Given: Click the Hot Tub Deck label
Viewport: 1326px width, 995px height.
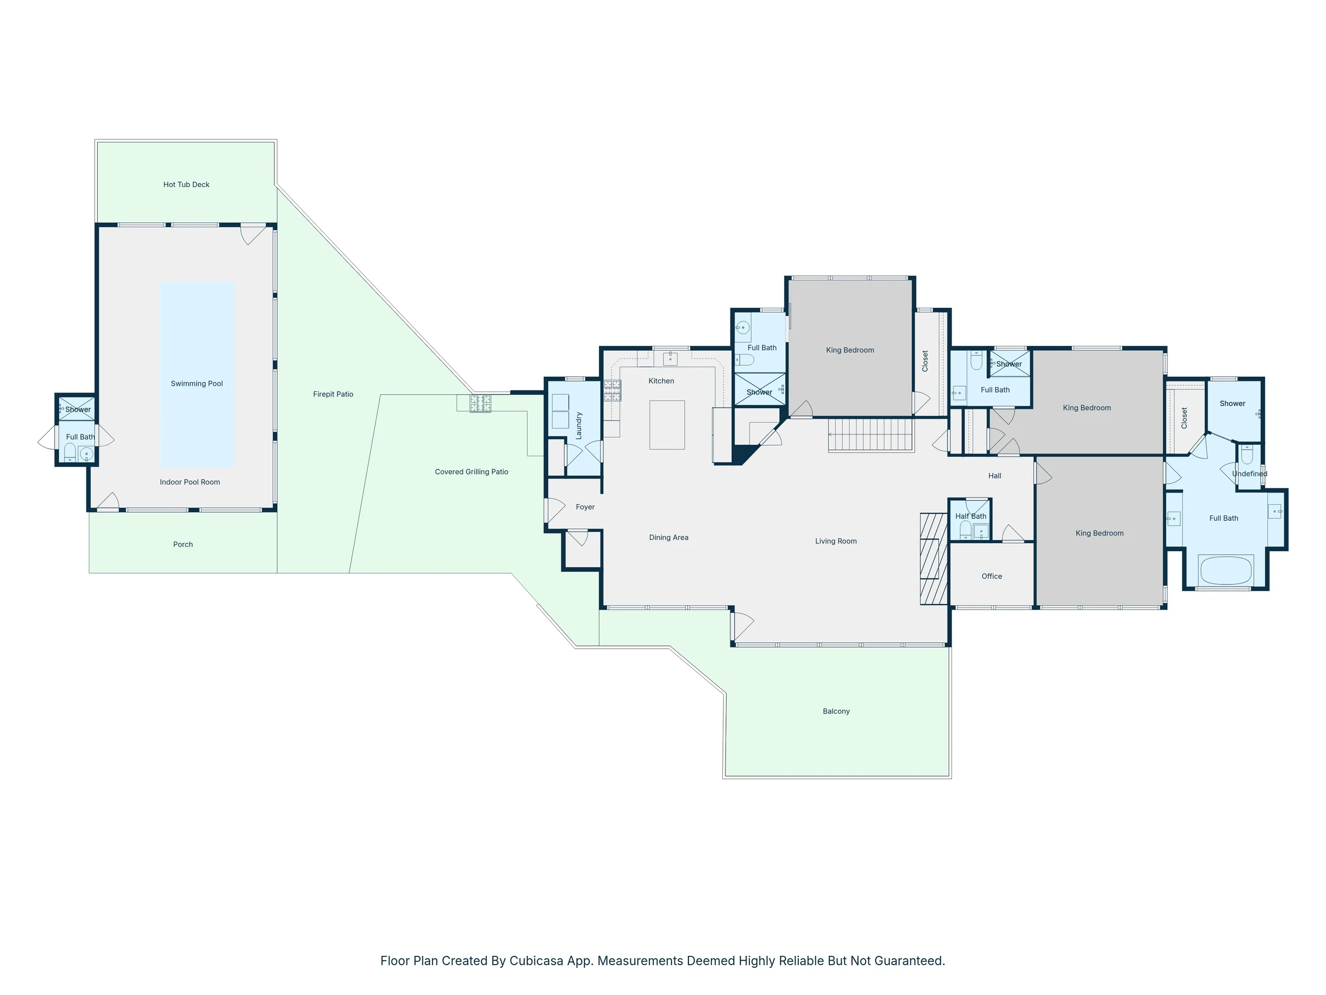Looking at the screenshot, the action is (x=186, y=185).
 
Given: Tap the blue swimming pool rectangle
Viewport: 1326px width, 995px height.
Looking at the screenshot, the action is (x=197, y=375).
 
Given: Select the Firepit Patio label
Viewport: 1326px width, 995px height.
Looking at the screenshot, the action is (x=333, y=394).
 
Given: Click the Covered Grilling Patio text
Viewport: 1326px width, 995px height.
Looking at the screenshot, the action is (x=472, y=472).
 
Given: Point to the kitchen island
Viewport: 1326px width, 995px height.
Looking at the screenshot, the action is (x=667, y=425).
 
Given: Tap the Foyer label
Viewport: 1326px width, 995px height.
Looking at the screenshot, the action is (x=585, y=507).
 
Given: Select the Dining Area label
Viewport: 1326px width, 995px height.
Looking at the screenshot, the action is (x=669, y=537).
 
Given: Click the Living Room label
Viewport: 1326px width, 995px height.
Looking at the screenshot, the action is (x=836, y=541).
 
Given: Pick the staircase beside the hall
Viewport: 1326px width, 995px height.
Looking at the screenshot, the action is (x=871, y=435).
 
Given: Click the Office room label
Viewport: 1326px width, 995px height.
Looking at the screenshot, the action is (x=992, y=576).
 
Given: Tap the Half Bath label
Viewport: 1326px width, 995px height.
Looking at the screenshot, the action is (x=971, y=516).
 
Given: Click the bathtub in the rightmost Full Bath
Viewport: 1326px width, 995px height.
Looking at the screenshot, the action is (x=1226, y=570).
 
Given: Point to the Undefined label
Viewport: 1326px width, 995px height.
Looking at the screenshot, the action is (x=1250, y=474).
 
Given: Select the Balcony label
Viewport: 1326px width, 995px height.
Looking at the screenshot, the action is (x=836, y=711).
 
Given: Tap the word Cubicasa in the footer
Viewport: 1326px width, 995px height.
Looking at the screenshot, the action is (x=536, y=961).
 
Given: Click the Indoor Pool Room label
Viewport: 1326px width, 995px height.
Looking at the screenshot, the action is (x=190, y=482).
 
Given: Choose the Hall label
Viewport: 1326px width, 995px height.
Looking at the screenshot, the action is (x=995, y=476).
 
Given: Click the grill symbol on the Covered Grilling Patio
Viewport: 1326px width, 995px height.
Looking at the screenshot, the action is (x=480, y=403).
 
